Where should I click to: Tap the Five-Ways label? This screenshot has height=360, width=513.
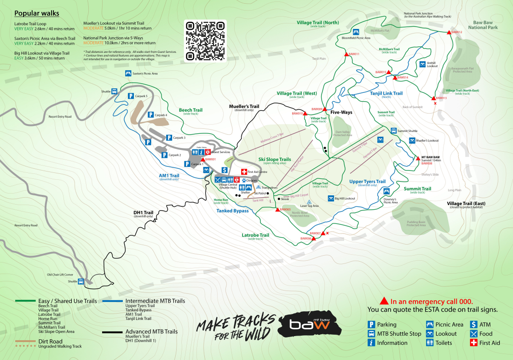pos(341,112)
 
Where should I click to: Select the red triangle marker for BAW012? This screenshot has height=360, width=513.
pos(449,32)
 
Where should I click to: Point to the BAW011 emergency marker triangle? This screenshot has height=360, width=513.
pos(346,54)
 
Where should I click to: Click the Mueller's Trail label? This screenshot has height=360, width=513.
pos(244,106)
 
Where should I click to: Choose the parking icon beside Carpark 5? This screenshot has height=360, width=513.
pos(130,96)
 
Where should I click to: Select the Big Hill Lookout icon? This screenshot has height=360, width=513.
pos(330,198)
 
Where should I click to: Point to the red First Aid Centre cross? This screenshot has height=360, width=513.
pos(244,171)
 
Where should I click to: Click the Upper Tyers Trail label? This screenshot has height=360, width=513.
pos(367,182)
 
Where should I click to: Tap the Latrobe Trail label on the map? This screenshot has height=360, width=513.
pos(255,235)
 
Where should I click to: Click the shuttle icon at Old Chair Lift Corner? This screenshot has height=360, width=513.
pos(81,281)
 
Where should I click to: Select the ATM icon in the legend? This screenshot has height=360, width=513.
pos(473,325)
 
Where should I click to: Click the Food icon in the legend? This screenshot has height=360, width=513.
pos(473,334)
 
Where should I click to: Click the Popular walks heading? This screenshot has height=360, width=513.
pos(36,13)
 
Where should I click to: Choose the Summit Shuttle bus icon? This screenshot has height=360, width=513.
pos(393,131)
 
